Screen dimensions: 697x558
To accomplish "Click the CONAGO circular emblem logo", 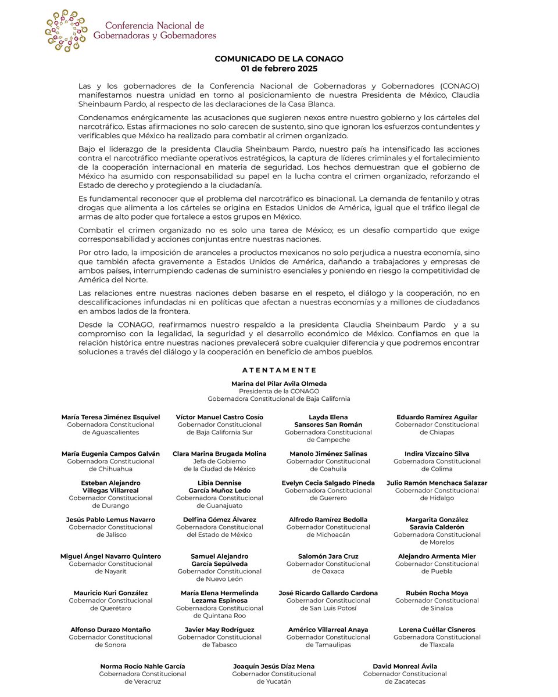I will coord(66,30).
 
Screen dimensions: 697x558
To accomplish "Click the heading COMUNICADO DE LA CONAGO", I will coord(279,59).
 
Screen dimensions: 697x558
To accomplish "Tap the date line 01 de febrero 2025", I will coord(279,68).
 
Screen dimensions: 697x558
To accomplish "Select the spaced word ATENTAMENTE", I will coord(279,370).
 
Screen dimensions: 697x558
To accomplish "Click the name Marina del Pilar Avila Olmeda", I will coord(279,384).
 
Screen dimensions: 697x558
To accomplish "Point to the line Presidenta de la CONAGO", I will coord(279,391).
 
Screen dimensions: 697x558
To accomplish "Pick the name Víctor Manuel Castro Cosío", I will coord(220,417).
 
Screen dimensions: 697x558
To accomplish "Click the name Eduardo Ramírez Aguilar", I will coord(437,417).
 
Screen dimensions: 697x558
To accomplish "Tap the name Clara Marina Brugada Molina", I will coord(220,454).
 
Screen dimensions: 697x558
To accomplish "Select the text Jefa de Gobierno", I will coord(220,461).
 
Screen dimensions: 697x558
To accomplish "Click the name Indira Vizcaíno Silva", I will coord(437,454).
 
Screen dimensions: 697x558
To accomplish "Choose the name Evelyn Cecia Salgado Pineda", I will coord(328,483).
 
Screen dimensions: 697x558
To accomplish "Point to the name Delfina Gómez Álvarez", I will coord(220,519).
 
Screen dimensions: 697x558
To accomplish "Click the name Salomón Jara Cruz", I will coord(328,556).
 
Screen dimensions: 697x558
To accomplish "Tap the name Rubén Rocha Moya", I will coord(437,593).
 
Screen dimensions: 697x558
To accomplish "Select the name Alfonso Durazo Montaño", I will coord(110,630).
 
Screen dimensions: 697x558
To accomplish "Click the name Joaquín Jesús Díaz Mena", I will coord(274,666).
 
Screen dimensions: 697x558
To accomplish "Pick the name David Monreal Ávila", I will coord(405,666).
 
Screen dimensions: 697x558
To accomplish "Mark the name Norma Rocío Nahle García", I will coord(143,666).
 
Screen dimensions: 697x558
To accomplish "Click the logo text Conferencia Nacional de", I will coord(155,26).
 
